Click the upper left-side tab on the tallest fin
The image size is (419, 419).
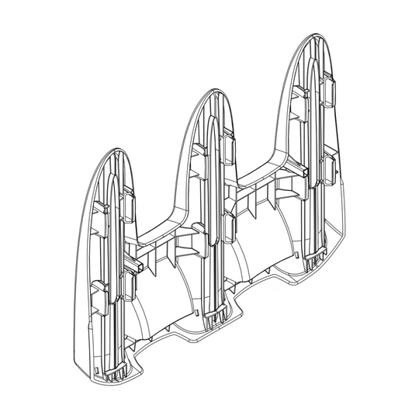point(300,92)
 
